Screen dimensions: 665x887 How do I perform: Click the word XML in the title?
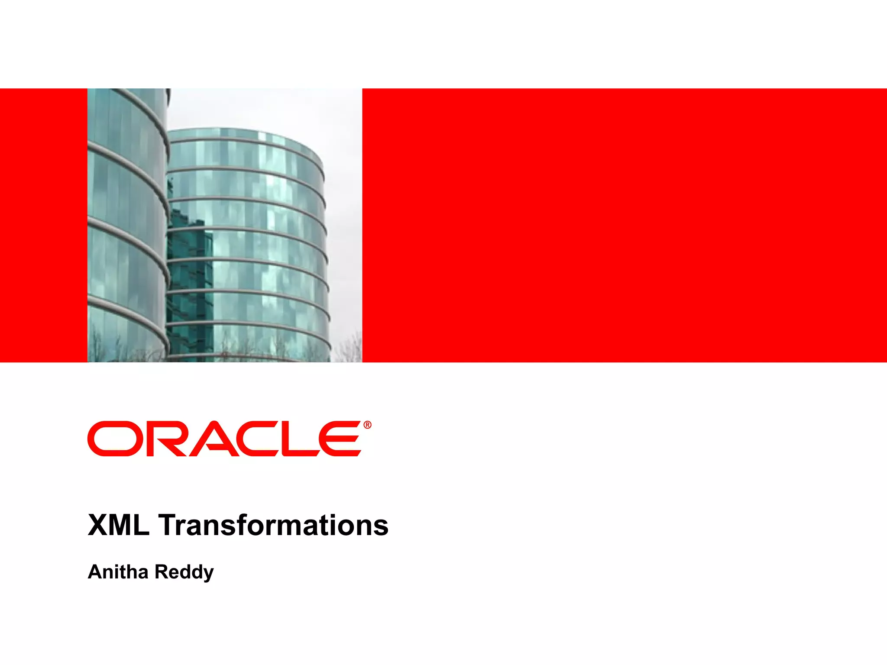tap(118, 525)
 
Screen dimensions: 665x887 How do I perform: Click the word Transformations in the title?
tap(273, 525)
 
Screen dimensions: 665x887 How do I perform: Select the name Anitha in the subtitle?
tap(118, 572)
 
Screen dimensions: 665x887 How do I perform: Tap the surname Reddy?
tap(184, 572)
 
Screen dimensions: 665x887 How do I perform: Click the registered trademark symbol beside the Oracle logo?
tap(367, 425)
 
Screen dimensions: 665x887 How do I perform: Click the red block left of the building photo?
tap(43, 225)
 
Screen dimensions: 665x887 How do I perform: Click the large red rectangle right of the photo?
tap(624, 225)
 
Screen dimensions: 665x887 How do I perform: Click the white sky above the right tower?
tap(269, 108)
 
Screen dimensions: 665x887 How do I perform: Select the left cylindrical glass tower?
tap(126, 225)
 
